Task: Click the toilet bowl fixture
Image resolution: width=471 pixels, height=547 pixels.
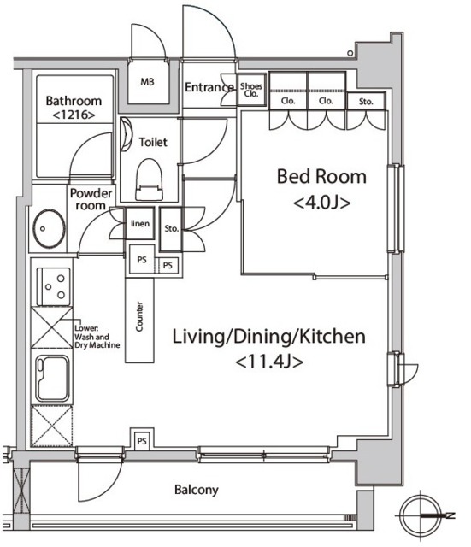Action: point(149,179)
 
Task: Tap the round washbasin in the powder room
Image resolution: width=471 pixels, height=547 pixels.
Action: point(49,228)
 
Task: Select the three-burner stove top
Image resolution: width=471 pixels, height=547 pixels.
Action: point(54,286)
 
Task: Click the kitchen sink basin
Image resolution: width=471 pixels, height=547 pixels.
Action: point(53,379)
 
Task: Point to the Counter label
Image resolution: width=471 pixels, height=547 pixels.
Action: point(139,316)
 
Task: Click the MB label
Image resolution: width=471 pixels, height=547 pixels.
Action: point(147,82)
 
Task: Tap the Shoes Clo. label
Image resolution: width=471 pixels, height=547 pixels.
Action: point(251,90)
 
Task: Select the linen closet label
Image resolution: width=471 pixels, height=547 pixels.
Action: point(140,223)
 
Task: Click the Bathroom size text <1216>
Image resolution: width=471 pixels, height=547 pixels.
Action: point(74,115)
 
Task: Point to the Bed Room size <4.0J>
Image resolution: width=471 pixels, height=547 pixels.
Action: point(322,203)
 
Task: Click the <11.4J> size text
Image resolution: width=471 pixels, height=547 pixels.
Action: point(269,362)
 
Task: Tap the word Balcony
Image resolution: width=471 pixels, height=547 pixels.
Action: point(197,490)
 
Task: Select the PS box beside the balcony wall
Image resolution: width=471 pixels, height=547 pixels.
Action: point(142,441)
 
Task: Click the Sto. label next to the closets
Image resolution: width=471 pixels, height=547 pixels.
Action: point(366,102)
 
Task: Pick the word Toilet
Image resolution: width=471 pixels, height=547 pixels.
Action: point(153,143)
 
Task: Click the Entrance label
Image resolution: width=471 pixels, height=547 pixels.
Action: point(209,87)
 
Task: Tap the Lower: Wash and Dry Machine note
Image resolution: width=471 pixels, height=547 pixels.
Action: point(97,337)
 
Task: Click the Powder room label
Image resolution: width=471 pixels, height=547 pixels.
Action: point(91,199)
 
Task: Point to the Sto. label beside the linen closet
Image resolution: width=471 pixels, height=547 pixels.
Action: point(171,228)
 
